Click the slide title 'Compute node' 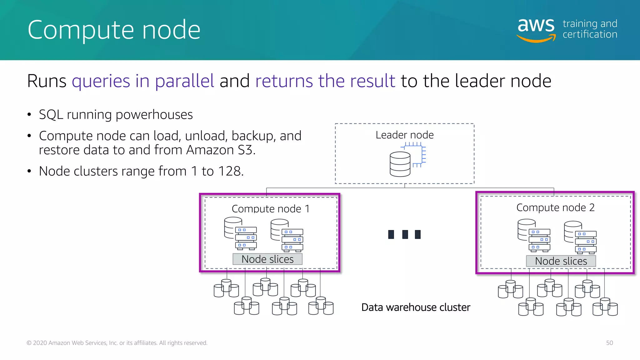point(114,30)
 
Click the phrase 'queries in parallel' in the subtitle point(143,81)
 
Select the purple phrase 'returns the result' point(325,81)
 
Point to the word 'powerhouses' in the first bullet point(154,115)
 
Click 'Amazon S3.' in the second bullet point(221,150)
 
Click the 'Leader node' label point(404,135)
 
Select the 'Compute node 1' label point(271,208)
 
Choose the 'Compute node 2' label point(555,207)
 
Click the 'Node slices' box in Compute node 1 point(267,259)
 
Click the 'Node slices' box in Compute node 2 point(561,261)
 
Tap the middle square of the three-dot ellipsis point(405,234)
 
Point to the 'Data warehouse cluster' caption point(416,307)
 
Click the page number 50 point(609,343)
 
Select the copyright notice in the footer point(117,343)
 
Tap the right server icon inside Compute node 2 point(580,237)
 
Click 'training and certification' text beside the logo point(590,29)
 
